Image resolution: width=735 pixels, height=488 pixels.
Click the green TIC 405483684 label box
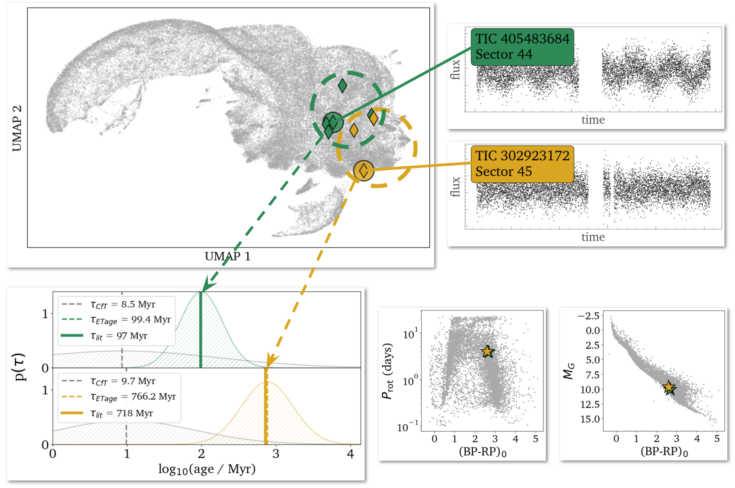point(522,47)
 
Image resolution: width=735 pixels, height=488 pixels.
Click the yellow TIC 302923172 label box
point(522,164)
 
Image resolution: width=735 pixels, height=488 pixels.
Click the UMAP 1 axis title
point(228,256)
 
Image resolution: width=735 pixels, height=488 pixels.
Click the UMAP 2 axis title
point(17,128)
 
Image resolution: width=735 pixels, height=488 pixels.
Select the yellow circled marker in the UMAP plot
point(364,171)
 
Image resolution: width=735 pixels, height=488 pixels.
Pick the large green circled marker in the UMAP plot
point(333,122)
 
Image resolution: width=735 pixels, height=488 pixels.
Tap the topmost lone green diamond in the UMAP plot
point(342,85)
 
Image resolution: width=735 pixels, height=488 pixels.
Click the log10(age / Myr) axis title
point(207,469)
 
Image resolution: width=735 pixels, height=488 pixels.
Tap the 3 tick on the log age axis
point(276,454)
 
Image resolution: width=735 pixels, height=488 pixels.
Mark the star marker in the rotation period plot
point(488,351)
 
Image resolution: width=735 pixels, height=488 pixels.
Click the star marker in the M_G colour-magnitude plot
point(669,387)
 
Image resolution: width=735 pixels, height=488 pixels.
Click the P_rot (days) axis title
point(387,371)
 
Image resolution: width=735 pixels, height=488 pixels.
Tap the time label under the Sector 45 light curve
point(593,237)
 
